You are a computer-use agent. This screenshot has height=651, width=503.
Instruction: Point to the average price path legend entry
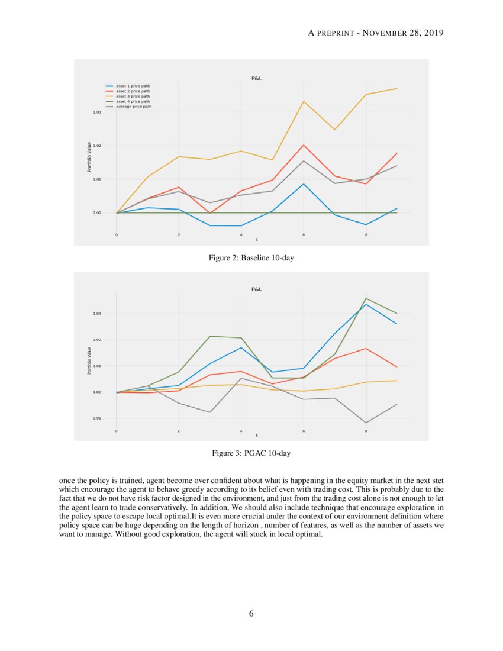point(134,106)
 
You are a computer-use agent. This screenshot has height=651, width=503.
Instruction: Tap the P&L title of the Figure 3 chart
point(257,289)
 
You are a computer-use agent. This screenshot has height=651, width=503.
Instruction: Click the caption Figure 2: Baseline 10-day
point(251,257)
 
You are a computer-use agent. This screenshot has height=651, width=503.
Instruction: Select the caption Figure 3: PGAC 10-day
point(251,453)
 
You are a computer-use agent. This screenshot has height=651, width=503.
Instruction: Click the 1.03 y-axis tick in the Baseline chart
point(97,112)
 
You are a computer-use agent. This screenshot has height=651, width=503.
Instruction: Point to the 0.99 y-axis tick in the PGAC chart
point(97,418)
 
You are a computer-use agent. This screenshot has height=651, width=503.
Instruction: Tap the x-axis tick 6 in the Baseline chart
point(304,235)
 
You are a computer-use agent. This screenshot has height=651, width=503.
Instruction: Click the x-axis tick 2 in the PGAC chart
point(179,431)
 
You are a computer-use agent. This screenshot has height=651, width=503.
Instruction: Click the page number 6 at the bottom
point(251,614)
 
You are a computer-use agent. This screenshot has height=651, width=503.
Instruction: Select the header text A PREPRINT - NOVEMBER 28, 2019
point(376,33)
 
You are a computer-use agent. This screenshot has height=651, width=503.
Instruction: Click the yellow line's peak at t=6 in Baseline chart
point(304,101)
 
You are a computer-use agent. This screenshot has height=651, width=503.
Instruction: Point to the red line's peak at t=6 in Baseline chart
point(304,145)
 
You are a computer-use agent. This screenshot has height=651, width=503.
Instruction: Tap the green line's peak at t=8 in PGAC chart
point(366,298)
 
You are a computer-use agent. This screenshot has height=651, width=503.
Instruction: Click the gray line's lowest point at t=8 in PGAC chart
point(366,423)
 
